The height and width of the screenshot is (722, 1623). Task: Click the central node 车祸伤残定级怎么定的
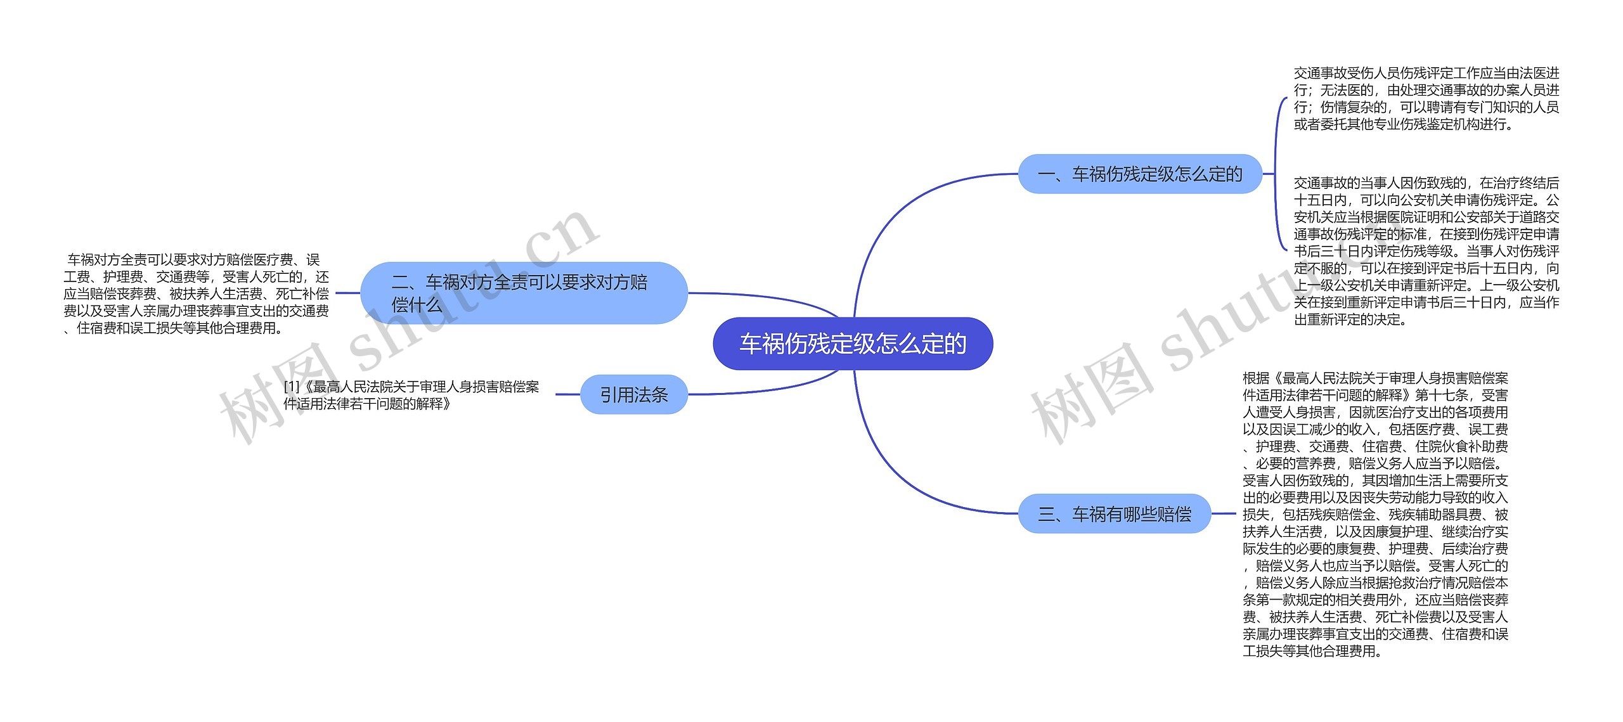coord(852,344)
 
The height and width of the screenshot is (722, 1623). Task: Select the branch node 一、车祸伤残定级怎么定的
coord(1139,174)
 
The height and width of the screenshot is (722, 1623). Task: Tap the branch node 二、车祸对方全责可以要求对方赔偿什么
coord(524,293)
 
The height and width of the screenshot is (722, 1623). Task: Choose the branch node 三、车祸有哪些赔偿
coord(1114,513)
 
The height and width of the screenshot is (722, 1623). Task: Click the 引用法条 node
coord(633,395)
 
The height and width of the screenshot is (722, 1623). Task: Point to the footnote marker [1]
coord(291,387)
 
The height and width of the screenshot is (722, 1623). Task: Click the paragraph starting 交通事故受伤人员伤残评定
coord(1426,99)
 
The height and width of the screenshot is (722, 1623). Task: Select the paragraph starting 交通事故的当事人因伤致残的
coord(1426,251)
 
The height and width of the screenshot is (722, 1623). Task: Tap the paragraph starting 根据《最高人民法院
coord(1375,514)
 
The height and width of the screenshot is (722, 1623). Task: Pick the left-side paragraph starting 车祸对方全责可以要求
coord(196,293)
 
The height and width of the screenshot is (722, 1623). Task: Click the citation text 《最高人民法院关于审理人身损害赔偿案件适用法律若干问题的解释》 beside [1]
coord(418,395)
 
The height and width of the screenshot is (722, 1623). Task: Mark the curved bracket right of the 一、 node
coord(1277,174)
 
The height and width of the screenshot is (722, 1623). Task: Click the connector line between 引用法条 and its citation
coord(568,394)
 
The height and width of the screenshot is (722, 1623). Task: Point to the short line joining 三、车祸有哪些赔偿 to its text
coord(1223,513)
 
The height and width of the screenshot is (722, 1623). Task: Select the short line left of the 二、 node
coord(347,293)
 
